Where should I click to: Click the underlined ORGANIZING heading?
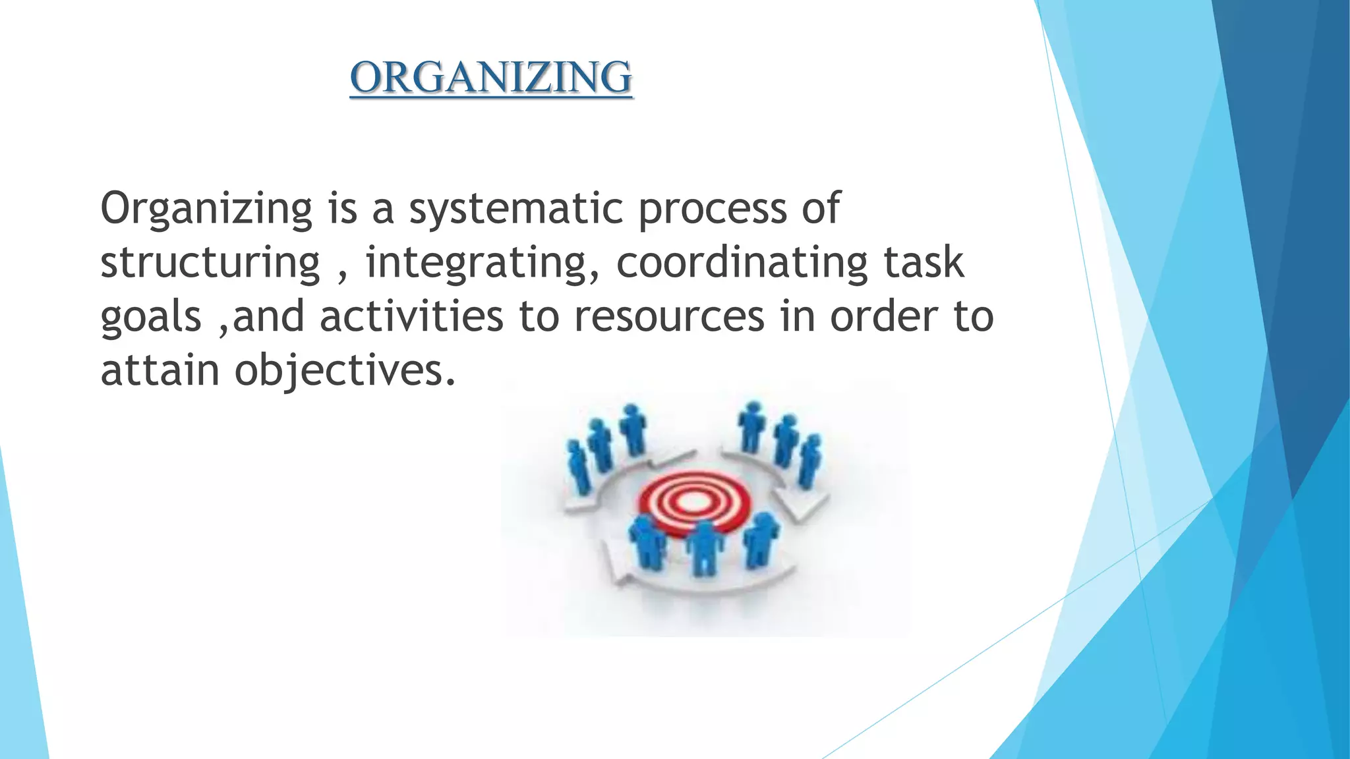491,77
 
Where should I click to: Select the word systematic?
515,208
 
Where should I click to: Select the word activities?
412,316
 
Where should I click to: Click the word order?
883,316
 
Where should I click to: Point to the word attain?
160,370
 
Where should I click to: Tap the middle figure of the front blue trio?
703,546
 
